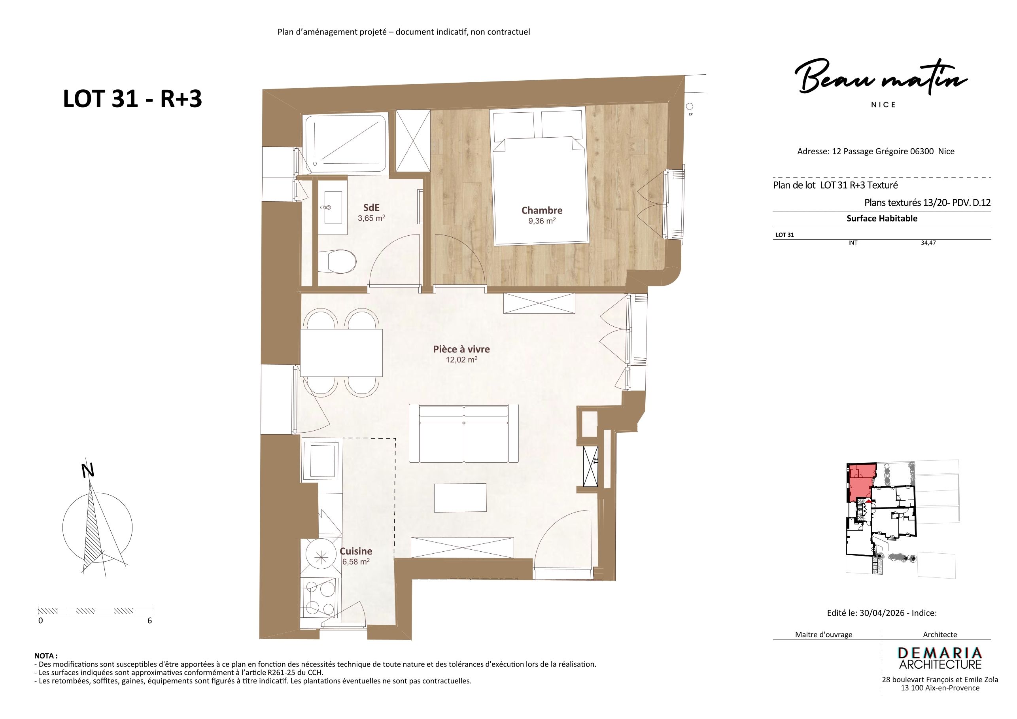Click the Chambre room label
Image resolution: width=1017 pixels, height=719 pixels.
(542, 210)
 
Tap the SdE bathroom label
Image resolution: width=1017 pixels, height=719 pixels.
(371, 207)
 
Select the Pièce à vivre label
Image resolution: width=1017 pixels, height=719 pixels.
(461, 349)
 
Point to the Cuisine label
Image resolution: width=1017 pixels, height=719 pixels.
(356, 551)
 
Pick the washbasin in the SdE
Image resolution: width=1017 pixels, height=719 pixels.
(333, 207)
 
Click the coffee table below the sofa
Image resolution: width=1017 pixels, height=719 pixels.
(460, 498)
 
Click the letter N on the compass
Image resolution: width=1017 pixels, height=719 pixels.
(88, 471)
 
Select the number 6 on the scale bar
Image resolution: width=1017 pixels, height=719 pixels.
(150, 621)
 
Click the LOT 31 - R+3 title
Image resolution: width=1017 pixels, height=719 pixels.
(132, 98)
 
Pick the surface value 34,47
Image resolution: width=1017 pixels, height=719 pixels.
(928, 243)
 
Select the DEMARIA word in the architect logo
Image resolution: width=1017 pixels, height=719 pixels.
(939, 653)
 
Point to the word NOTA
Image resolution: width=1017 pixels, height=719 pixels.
(45, 656)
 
